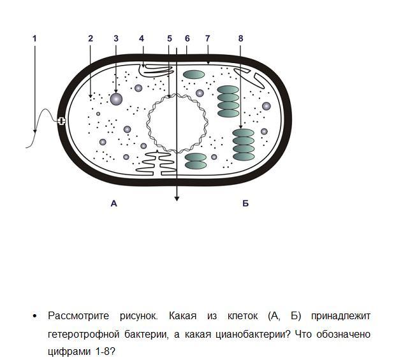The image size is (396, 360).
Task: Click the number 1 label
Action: pos(34,39)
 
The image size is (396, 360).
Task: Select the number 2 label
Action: pos(91,39)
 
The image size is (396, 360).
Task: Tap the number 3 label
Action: pos(115,39)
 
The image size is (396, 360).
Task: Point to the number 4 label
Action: pos(142,39)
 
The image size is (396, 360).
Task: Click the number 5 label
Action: pos(170,39)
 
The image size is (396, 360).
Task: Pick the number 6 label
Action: pos(187,39)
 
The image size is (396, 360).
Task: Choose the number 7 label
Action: pos(208,39)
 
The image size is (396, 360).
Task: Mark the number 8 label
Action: pos(240,39)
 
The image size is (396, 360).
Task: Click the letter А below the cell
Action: pos(114,204)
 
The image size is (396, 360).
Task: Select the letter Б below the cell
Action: pos(246,204)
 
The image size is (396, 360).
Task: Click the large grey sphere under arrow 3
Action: pos(116,99)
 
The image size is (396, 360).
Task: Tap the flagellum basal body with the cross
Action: pos(62,121)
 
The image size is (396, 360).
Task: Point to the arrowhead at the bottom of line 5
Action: pos(177,199)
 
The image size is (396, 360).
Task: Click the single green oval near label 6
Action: pos(194,75)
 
